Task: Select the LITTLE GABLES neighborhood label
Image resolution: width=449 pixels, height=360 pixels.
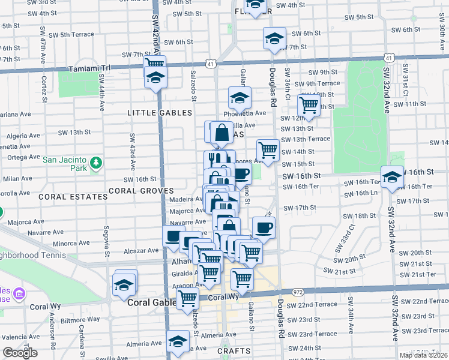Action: [160, 113]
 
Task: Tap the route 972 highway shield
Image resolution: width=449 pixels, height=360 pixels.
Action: [298, 292]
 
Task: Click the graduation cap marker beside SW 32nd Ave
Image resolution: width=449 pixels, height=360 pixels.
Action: [392, 178]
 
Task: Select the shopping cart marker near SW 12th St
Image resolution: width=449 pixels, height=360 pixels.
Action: [309, 105]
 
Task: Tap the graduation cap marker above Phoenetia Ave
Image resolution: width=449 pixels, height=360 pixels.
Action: [240, 97]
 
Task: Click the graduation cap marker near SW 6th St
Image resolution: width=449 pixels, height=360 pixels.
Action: [274, 38]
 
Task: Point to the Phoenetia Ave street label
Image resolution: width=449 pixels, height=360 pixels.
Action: [245, 113]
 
